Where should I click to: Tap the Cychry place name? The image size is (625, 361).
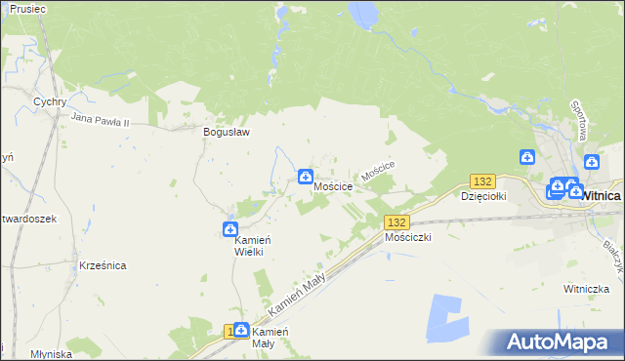(x=49, y=101)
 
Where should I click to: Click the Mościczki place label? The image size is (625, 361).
(x=408, y=237)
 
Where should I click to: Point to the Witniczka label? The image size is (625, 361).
(x=586, y=289)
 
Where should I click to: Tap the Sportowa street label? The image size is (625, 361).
(x=577, y=119)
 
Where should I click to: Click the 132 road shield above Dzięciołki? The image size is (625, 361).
(x=482, y=181)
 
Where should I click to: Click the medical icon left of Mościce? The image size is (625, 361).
(x=305, y=178)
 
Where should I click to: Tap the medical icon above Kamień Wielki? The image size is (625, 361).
(x=230, y=229)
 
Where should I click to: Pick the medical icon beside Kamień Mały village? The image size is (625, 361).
(x=241, y=332)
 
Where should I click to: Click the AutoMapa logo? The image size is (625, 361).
(x=560, y=342)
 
